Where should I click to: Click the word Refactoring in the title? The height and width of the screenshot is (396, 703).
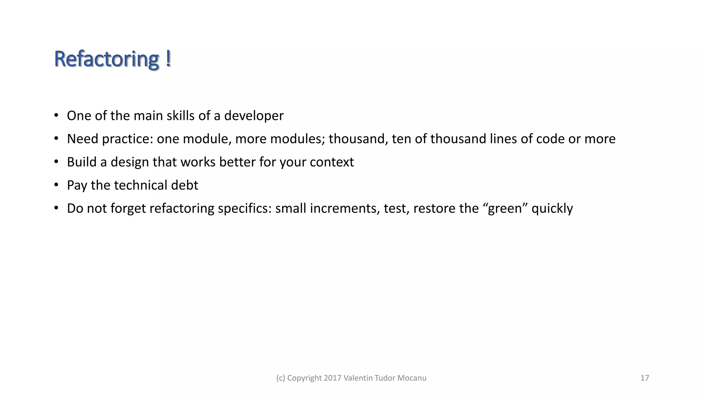106,59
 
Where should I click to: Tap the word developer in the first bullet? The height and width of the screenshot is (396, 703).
254,116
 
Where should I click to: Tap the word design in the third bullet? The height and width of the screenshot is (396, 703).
129,162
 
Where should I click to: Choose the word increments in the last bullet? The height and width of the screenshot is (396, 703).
345,209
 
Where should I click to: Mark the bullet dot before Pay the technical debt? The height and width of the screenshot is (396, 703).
56,185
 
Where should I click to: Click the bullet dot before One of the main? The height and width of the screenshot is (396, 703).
56,115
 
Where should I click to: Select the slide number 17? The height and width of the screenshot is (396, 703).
645,378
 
